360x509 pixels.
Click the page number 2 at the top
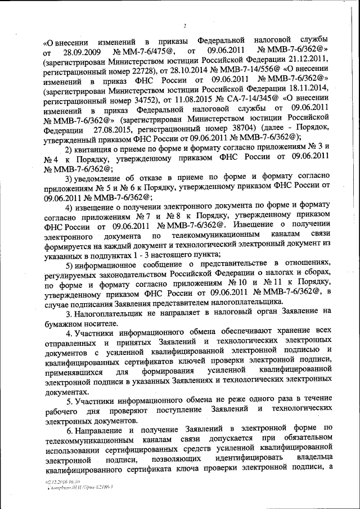[184, 24]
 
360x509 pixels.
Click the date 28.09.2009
[84, 52]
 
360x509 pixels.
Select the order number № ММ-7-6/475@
[147, 52]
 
